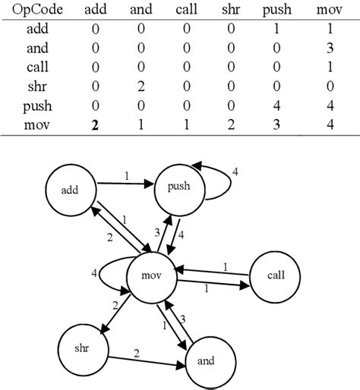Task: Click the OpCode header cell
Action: [x=34, y=12]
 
